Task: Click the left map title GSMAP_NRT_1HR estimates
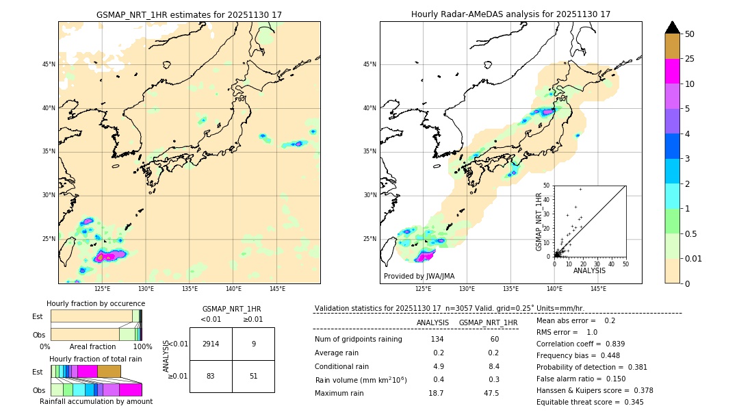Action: [189, 14]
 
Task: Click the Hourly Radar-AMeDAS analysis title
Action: [510, 14]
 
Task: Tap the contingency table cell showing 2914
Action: [211, 344]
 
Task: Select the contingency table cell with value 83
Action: [211, 376]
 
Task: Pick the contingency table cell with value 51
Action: [253, 376]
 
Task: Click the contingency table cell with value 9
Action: [253, 344]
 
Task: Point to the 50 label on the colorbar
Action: [690, 34]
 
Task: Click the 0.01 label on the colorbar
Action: [693, 258]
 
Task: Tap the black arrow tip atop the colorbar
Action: [673, 27]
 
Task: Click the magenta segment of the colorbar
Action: [673, 71]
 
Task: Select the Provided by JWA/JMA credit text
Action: [419, 276]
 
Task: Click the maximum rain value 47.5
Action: [491, 393]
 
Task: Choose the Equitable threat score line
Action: [590, 402]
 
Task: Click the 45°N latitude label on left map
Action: [49, 64]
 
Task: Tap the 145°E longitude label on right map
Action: [598, 289]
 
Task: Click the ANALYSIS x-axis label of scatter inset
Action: [589, 270]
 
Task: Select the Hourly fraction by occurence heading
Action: [96, 303]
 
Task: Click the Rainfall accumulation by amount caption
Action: [96, 401]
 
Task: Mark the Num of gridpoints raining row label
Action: [358, 339]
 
